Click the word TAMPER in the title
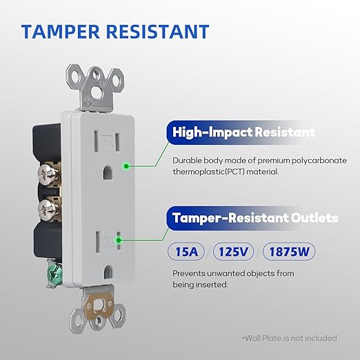(x=61, y=31)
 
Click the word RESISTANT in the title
(x=158, y=31)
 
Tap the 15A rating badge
(x=186, y=252)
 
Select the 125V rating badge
(x=233, y=252)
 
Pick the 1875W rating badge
(x=289, y=252)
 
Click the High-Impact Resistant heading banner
(x=239, y=132)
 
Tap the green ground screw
(x=54, y=274)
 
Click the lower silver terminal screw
(x=48, y=210)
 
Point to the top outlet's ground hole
(x=108, y=172)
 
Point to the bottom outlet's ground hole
(x=108, y=272)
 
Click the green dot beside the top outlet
(x=126, y=166)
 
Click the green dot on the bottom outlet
(x=119, y=241)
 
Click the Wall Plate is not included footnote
(x=290, y=338)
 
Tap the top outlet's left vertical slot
(x=97, y=141)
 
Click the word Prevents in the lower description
(x=188, y=274)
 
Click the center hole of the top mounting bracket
(x=96, y=92)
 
